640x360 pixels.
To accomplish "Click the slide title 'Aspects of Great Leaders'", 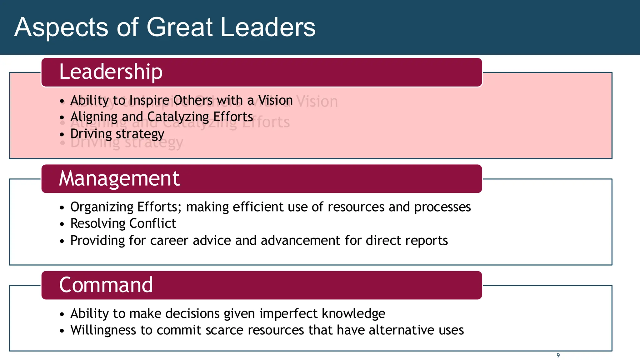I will [x=165, y=27].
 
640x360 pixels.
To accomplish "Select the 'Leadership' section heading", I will [x=111, y=72].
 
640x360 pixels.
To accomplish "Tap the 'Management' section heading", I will [x=119, y=178].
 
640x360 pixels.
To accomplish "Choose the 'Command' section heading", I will [x=106, y=285].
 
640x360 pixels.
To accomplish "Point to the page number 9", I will [x=558, y=356].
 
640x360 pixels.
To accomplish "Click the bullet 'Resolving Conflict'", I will [x=123, y=224].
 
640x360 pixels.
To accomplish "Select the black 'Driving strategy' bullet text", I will [x=117, y=134].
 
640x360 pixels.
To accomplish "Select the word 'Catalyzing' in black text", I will [x=178, y=117].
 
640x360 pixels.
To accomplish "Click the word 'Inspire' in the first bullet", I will [x=149, y=101].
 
